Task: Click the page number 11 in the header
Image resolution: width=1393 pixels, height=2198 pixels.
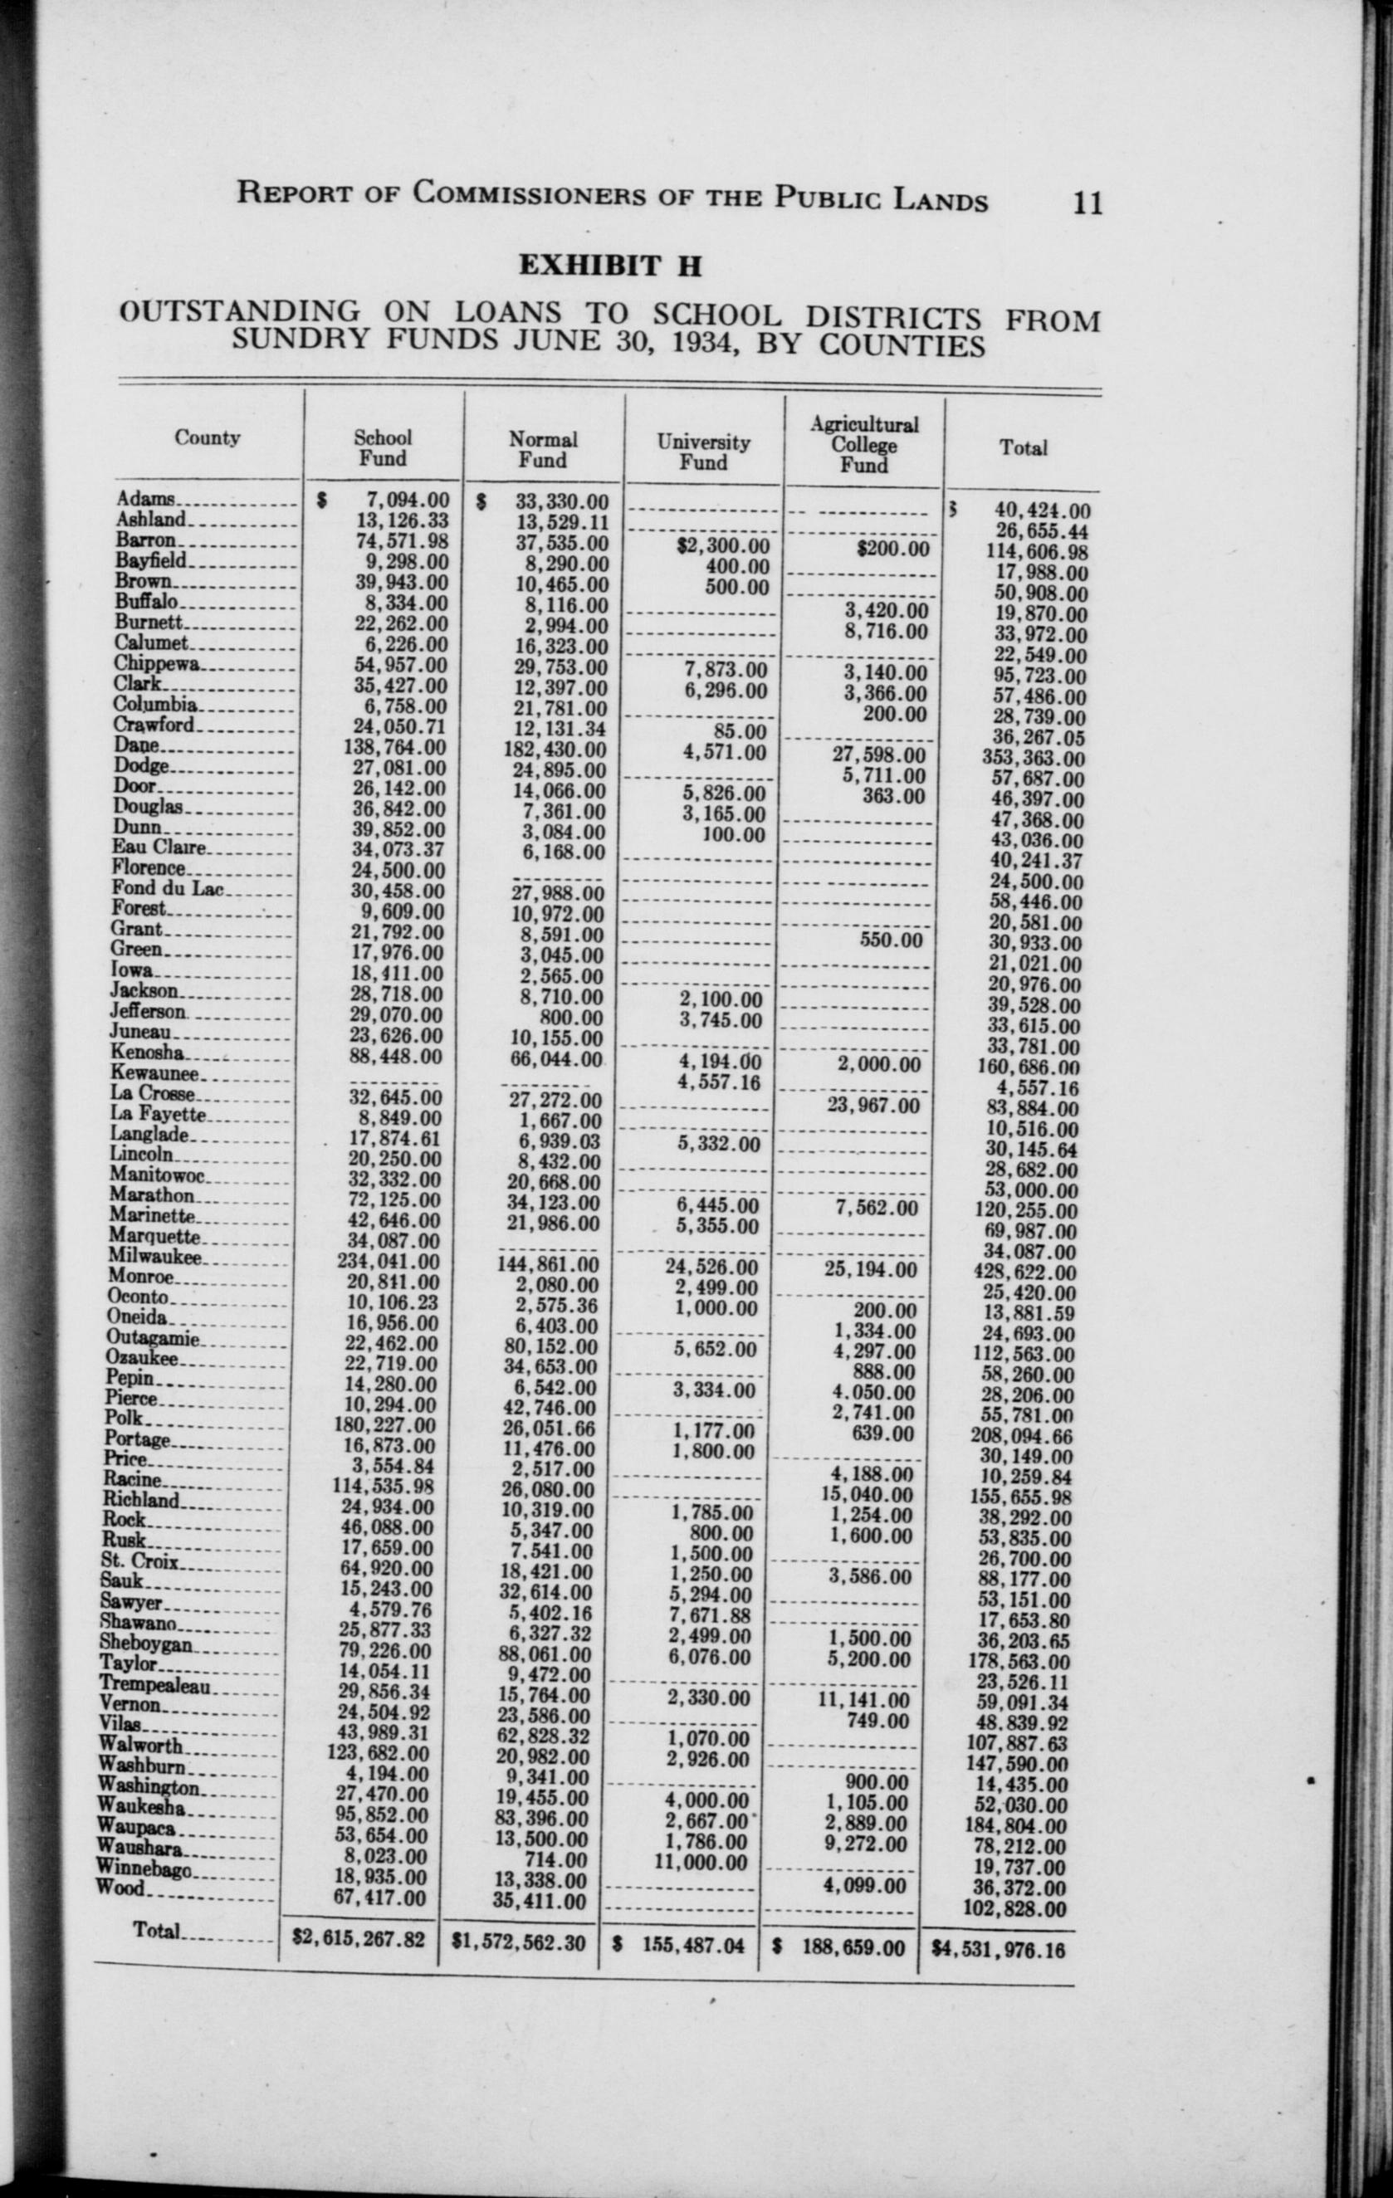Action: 1088,199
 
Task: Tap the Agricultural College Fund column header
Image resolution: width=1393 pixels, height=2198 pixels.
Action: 863,445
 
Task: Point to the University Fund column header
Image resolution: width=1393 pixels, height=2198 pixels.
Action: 703,452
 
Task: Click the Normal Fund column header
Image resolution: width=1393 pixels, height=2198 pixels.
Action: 543,449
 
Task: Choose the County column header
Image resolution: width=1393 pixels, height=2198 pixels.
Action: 208,438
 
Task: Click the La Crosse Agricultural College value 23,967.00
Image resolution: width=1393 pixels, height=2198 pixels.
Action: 878,1106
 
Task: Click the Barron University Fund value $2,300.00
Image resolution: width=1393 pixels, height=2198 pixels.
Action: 723,547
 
